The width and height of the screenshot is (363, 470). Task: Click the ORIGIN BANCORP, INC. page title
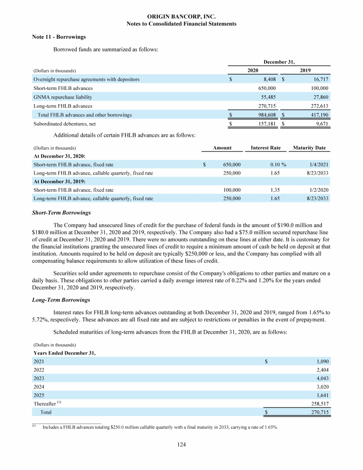pos(181,17)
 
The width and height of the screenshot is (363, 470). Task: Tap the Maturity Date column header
pos(310,148)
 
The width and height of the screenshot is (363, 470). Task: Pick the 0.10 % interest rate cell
pos(274,165)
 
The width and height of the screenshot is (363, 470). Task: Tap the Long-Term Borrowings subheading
pos(59,300)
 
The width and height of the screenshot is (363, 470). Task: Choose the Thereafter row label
pos(45,404)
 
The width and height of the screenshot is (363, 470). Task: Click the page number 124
pos(181,444)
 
